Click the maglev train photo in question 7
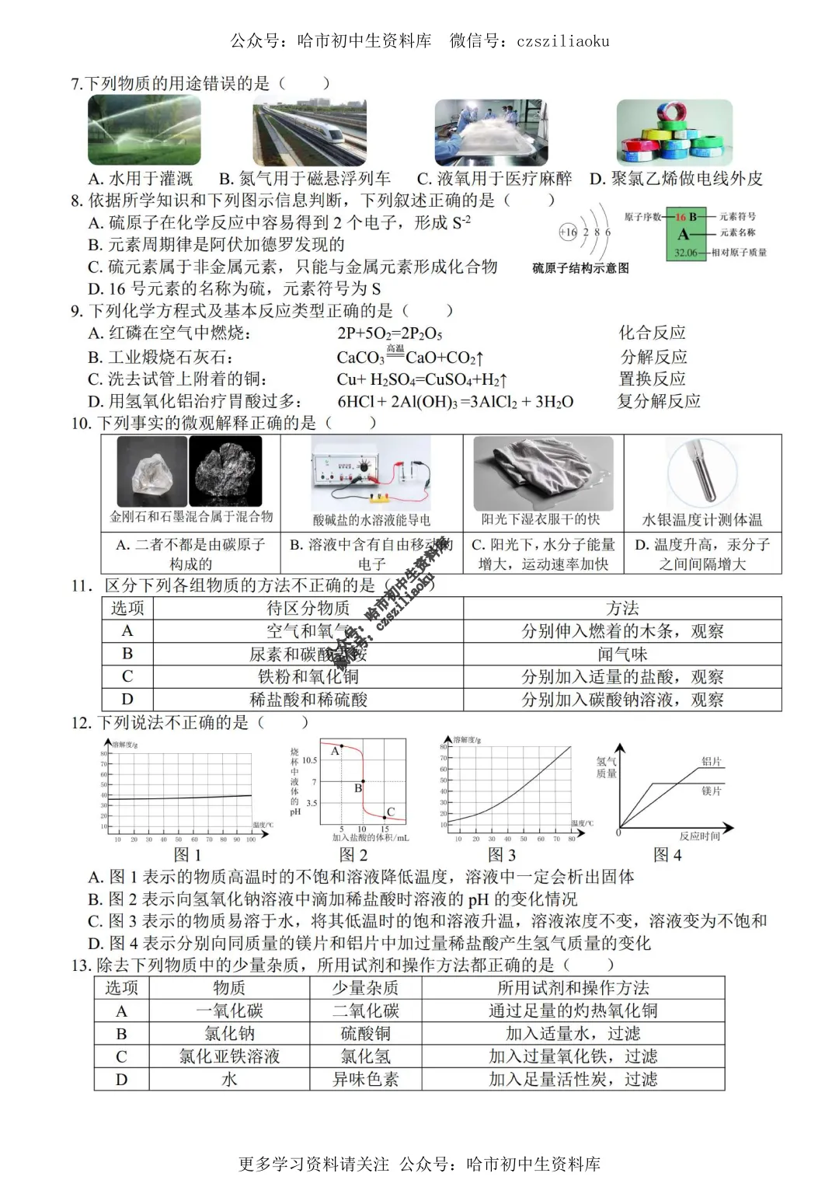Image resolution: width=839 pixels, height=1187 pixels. (309, 132)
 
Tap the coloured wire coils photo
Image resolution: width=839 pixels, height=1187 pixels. (674, 132)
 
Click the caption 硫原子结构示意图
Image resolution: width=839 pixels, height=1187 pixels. (580, 268)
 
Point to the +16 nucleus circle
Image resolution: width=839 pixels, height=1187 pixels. (568, 232)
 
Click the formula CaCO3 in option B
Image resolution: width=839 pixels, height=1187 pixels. (360, 358)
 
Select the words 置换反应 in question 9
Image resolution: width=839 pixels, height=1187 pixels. (653, 379)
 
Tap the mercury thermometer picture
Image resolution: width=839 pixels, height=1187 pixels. (701, 473)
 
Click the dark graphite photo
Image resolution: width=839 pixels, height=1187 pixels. (225, 471)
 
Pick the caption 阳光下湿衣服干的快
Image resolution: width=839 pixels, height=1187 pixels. (541, 519)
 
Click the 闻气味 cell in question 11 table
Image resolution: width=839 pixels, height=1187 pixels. (622, 654)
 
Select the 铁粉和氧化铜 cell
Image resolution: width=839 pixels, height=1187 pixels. (308, 676)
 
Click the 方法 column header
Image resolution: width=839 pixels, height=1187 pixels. (622, 608)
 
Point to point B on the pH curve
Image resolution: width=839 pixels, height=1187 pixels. (363, 781)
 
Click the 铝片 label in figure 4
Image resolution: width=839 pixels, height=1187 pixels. (712, 762)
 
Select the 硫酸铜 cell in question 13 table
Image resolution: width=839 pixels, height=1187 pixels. (365, 1033)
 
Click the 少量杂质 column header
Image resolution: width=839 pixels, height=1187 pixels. (365, 988)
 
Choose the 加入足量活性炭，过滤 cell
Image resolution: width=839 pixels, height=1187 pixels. (573, 1079)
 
